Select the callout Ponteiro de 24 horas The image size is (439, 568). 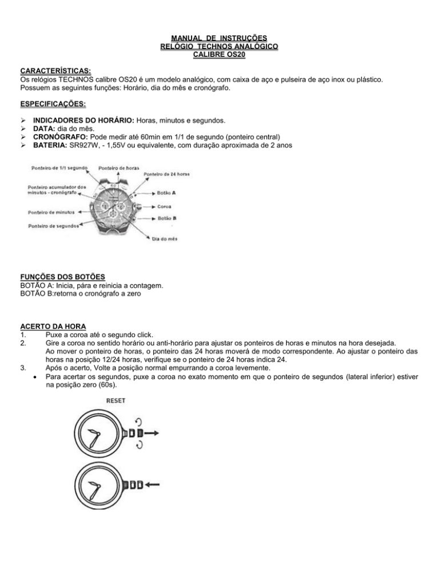click(x=166, y=174)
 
